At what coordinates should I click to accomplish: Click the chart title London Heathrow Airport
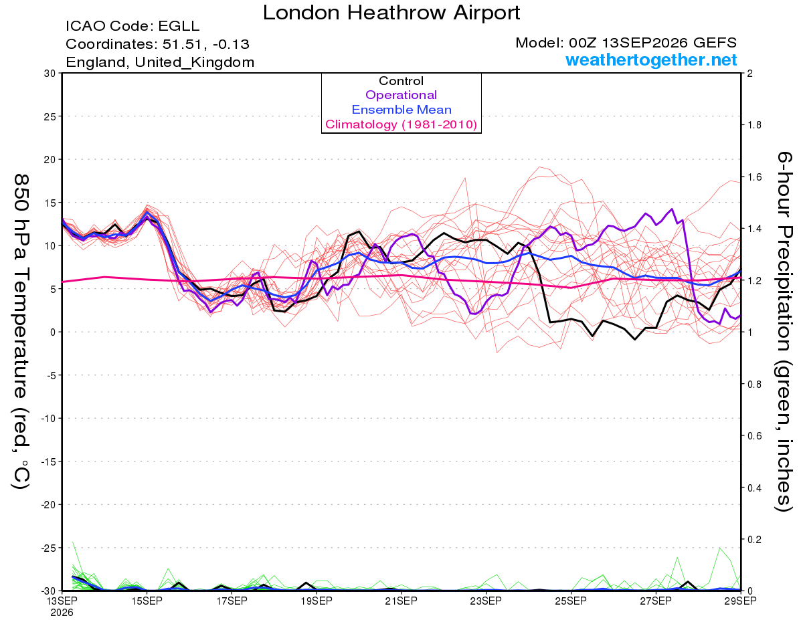point(391,13)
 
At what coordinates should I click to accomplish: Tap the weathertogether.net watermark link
point(651,60)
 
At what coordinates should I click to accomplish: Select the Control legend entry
point(401,81)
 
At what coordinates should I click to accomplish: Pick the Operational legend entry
point(401,95)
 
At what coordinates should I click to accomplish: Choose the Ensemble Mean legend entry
point(401,110)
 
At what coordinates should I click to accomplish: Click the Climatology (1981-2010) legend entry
point(401,124)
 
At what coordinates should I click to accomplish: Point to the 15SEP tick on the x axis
point(147,601)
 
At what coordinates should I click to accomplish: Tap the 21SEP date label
point(401,601)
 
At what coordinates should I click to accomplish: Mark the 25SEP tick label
point(571,601)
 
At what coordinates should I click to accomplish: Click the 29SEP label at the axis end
point(740,601)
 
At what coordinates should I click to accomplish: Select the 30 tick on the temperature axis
point(50,74)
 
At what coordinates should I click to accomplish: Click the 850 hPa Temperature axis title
point(21,332)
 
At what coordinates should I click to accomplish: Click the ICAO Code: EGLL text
point(132,26)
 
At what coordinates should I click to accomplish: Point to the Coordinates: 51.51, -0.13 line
point(157,44)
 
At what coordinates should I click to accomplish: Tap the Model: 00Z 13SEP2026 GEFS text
point(626,43)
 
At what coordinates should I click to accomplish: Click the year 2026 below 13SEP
point(62,613)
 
